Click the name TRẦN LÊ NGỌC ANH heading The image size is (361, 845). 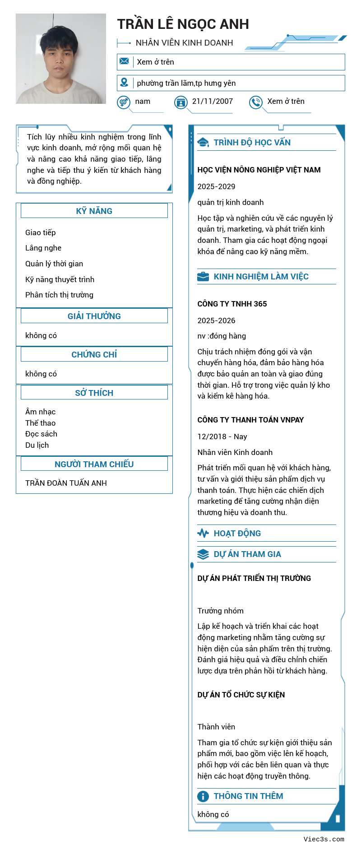[183, 24]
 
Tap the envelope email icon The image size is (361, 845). [124, 61]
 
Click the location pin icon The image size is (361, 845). [124, 83]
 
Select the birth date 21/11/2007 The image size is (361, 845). [213, 102]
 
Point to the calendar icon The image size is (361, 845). [181, 102]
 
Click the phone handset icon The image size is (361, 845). [256, 102]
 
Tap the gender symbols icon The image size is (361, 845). [124, 102]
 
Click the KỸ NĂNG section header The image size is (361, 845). [94, 211]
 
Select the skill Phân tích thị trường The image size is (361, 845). [59, 295]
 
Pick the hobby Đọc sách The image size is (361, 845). [41, 434]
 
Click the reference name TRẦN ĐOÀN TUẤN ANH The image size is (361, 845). [66, 483]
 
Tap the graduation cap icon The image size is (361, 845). [203, 143]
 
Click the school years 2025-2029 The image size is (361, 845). [216, 186]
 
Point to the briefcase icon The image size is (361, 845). [203, 277]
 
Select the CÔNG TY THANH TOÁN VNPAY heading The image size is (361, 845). [250, 420]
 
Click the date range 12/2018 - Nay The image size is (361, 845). [222, 436]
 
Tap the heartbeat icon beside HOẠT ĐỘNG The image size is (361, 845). [203, 534]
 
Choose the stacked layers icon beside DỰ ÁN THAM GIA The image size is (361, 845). [203, 554]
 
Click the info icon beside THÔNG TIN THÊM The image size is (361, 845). [203, 796]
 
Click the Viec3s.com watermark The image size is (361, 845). [324, 839]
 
